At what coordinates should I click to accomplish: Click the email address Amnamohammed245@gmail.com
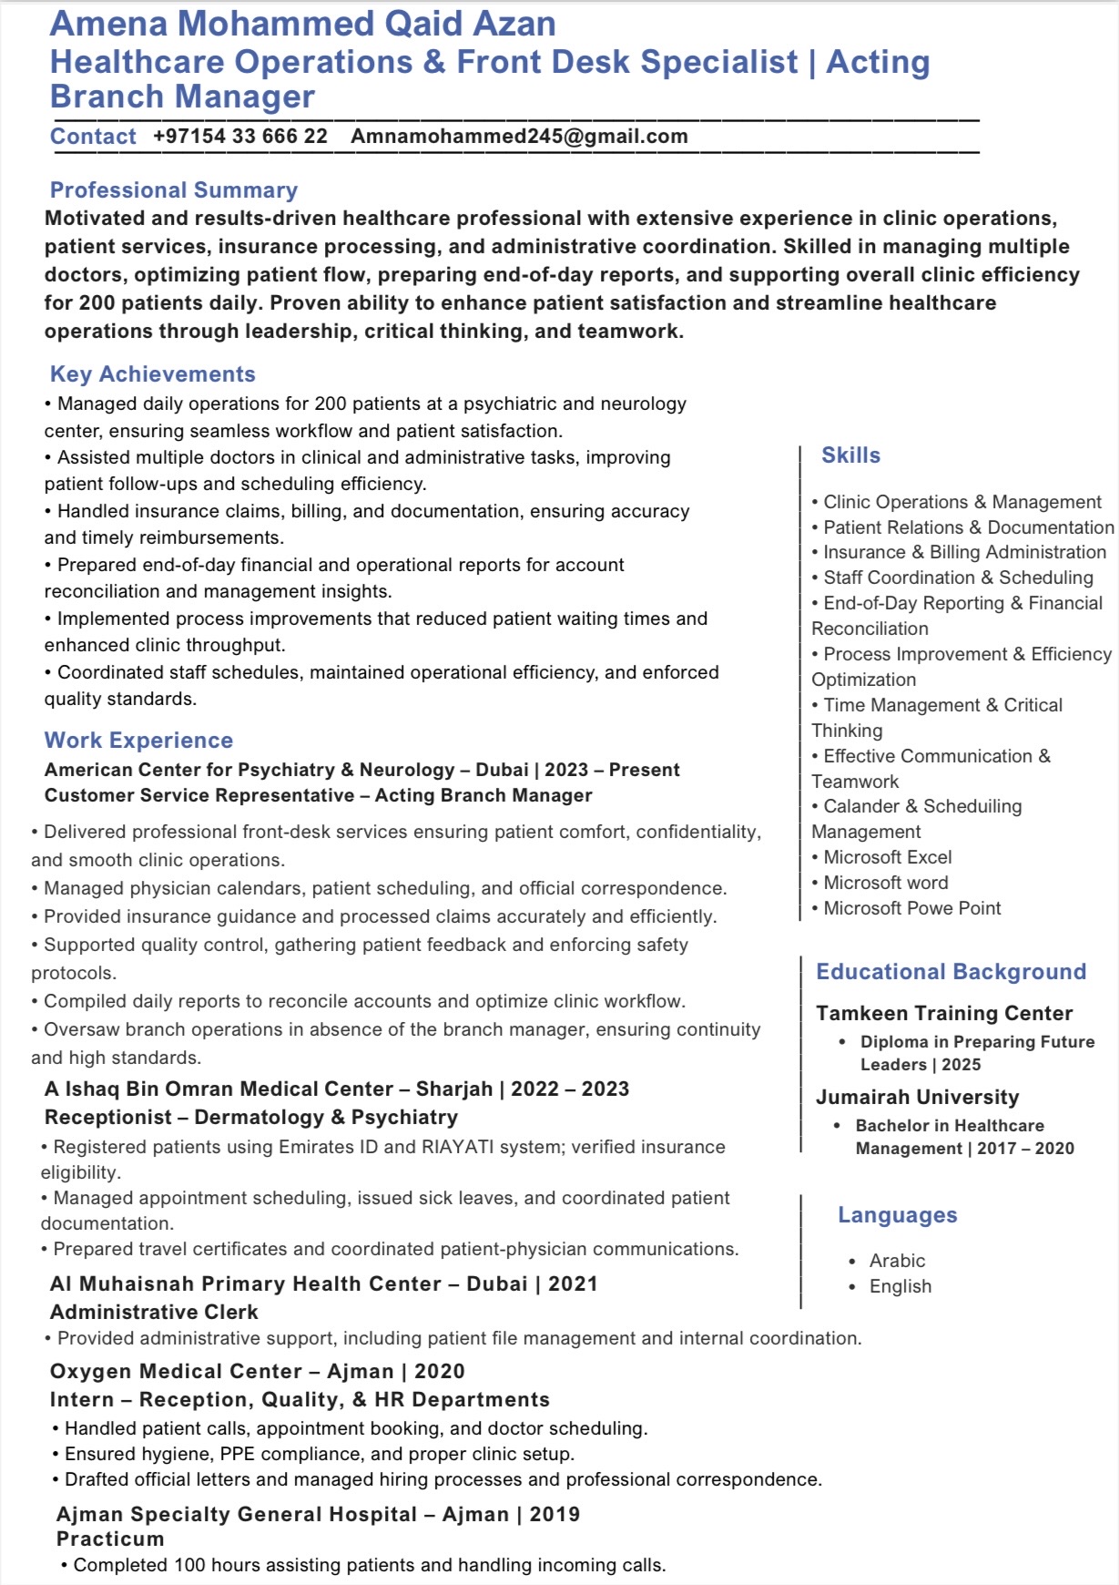point(519,137)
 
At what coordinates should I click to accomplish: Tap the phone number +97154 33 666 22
point(240,137)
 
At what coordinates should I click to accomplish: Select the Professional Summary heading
point(174,190)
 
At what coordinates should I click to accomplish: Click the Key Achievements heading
point(153,374)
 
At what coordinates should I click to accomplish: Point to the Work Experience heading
point(138,741)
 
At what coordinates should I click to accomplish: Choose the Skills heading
point(850,455)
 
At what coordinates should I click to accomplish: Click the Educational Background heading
point(951,972)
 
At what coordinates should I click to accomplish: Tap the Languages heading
point(897,1215)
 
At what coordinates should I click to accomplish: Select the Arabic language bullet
point(897,1261)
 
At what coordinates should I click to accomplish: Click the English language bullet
point(900,1286)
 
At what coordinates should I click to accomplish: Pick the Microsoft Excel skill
point(887,857)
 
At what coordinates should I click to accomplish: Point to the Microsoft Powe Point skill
point(911,908)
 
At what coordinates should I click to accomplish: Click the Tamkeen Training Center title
point(943,1014)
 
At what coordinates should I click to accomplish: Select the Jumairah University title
point(917,1098)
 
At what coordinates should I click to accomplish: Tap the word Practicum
point(110,1539)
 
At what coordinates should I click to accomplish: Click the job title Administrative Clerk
point(154,1312)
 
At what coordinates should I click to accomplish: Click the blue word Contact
point(93,137)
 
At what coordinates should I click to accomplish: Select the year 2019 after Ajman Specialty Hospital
point(554,1514)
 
